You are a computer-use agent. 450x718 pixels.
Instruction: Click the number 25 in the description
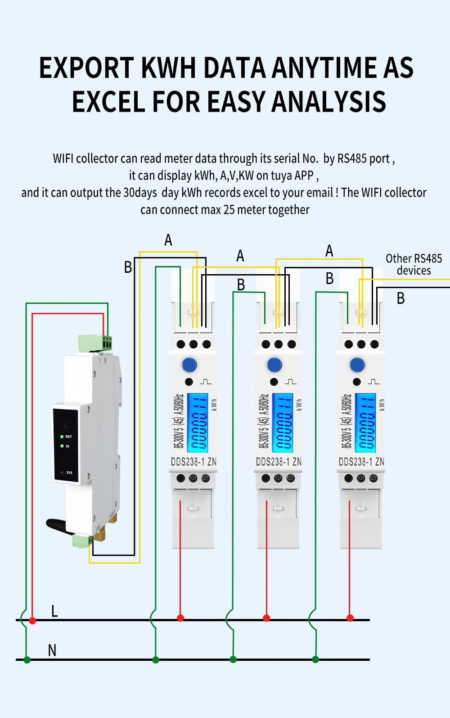tap(229, 210)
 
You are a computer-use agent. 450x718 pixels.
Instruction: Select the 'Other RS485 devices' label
tap(414, 264)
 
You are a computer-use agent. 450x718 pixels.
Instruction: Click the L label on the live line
tap(54, 611)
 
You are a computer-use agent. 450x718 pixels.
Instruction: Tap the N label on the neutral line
tap(52, 650)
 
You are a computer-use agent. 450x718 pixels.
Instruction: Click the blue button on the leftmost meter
tap(189, 365)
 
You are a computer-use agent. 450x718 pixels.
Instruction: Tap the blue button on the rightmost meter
tap(357, 365)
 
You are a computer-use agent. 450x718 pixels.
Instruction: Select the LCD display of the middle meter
tap(283, 423)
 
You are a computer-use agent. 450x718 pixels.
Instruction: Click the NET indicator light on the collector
tap(62, 437)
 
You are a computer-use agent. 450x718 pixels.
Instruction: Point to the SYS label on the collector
tap(69, 473)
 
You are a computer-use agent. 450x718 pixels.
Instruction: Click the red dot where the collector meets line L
tap(32, 620)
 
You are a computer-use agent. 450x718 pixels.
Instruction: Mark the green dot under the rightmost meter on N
tap(315, 659)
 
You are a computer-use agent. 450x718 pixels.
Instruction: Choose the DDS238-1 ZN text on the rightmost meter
tap(361, 462)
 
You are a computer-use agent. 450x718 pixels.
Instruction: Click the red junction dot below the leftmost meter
tap(180, 618)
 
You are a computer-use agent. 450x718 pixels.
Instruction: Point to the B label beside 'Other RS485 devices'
tap(400, 298)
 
